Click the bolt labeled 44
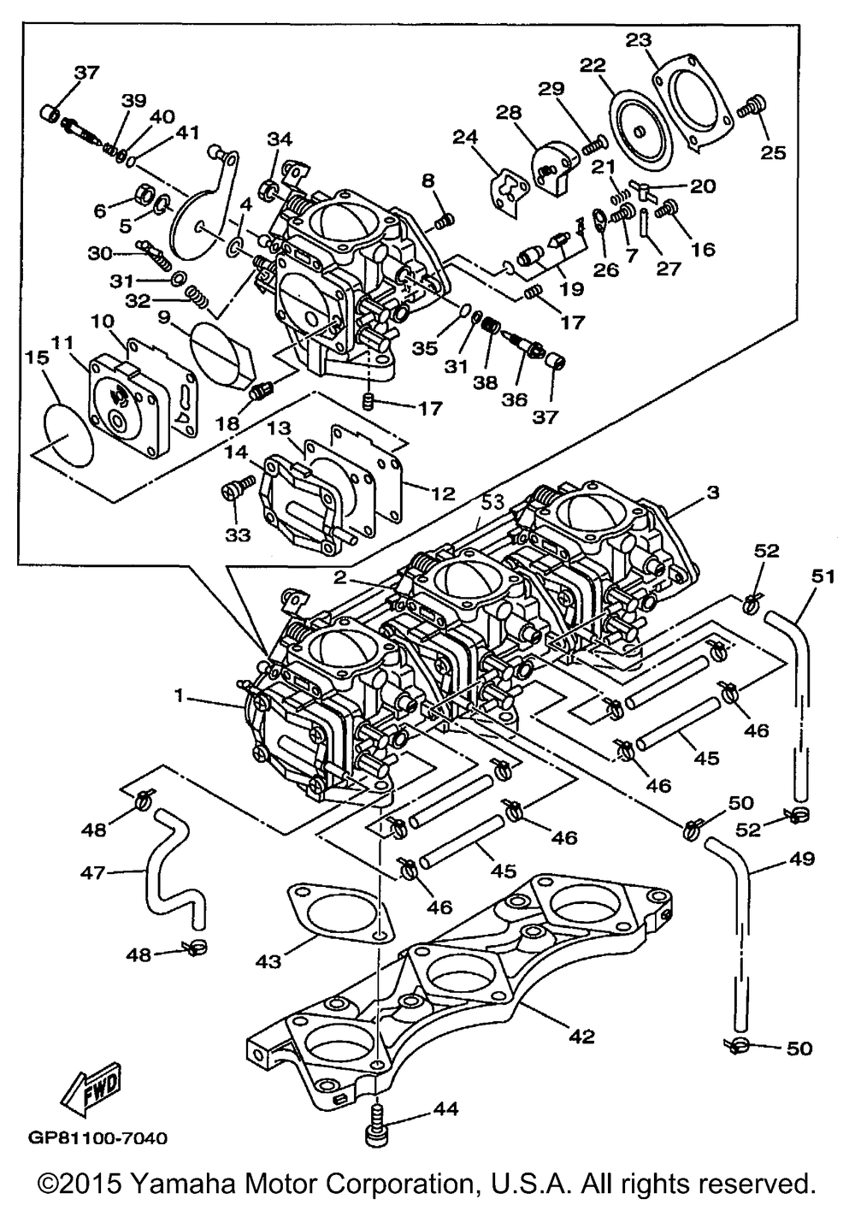(378, 1123)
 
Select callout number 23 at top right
(638, 41)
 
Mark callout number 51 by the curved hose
(823, 577)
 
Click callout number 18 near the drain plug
(227, 422)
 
